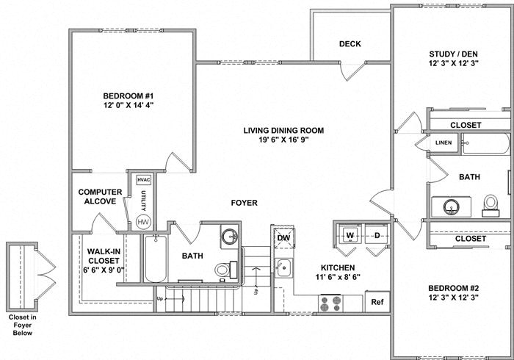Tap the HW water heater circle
coord(143,222)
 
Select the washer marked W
coord(350,236)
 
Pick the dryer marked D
coord(377,236)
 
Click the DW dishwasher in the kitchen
coord(283,237)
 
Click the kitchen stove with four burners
coord(331,301)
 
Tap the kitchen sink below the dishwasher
coord(283,266)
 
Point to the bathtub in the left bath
coord(156,259)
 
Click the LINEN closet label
coord(444,143)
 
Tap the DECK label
coord(350,44)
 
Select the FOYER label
coord(244,203)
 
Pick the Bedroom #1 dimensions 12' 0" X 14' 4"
coord(128,105)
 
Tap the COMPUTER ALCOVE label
coord(100,197)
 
